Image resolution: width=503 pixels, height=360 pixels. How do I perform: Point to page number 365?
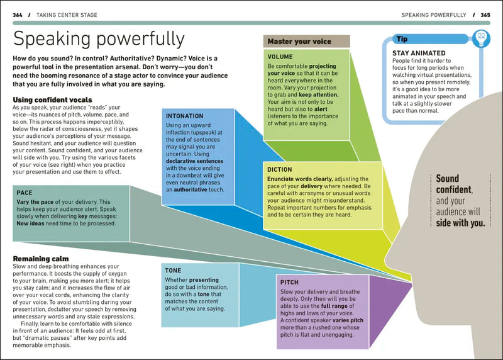(485, 14)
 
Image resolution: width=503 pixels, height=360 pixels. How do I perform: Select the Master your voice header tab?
(299, 42)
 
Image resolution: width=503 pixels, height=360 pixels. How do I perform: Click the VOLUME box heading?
(280, 57)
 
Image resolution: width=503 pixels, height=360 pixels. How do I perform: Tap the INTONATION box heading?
(184, 116)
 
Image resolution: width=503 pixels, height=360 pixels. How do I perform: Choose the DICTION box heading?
(279, 169)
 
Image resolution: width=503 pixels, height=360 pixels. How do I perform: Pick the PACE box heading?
(25, 193)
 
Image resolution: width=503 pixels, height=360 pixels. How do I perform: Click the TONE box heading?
(174, 269)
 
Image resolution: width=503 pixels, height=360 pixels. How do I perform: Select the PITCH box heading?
(290, 283)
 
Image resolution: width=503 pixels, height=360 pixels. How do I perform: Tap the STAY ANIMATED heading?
(419, 53)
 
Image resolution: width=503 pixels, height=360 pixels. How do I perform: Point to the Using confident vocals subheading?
(52, 99)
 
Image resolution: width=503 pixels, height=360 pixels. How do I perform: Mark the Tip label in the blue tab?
(402, 39)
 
